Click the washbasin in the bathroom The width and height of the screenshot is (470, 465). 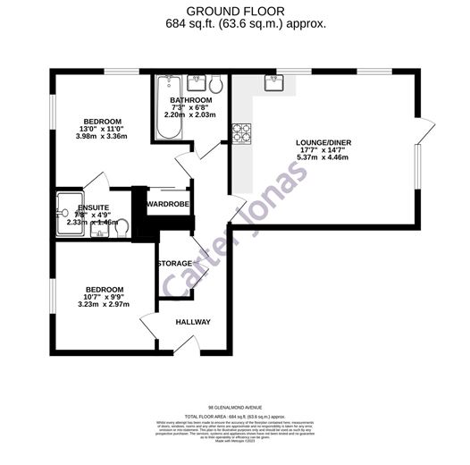coord(191,83)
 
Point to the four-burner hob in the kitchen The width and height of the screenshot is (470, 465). coord(242,132)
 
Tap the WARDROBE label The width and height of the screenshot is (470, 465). coord(169,204)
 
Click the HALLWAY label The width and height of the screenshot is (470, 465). coord(192,322)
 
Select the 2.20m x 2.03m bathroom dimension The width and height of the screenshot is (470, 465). coord(190,115)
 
